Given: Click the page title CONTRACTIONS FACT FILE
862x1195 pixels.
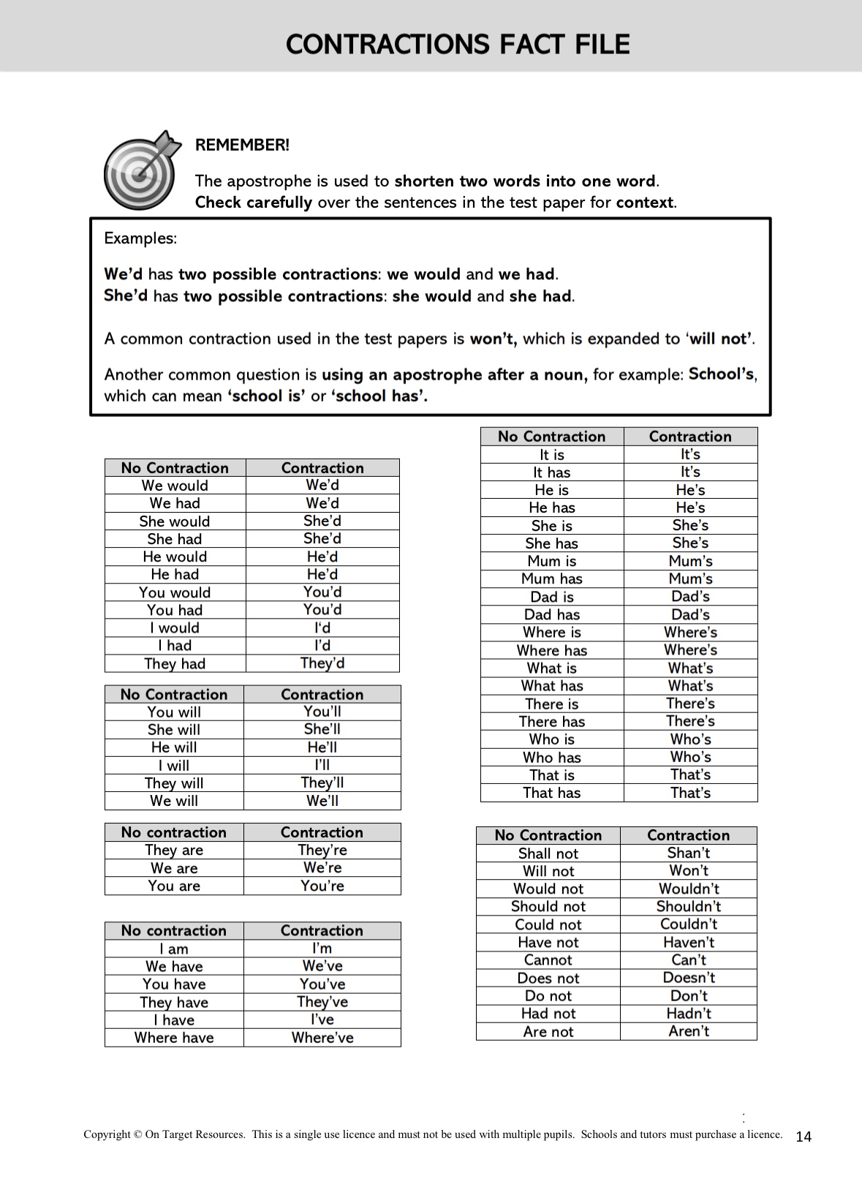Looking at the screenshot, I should pyautogui.click(x=458, y=44).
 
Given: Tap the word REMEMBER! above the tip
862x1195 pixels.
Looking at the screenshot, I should pyautogui.click(x=242, y=145).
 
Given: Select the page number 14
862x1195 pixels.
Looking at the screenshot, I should pyautogui.click(x=803, y=1136).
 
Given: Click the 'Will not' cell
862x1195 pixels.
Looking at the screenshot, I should pyautogui.click(x=548, y=871).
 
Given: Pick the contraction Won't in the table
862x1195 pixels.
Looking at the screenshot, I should pyautogui.click(x=689, y=871).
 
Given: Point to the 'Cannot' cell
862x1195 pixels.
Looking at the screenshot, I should pyautogui.click(x=548, y=960).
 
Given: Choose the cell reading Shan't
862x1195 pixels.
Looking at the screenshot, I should pyautogui.click(x=689, y=853).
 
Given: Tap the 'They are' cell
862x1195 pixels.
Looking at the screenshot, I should pyautogui.click(x=174, y=850).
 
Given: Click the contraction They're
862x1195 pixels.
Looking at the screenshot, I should pyautogui.click(x=322, y=850).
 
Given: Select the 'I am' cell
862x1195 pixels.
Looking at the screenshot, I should pyautogui.click(x=174, y=949).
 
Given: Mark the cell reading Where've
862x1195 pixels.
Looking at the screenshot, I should pyautogui.click(x=322, y=1038).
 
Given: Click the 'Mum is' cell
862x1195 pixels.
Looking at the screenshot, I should pyautogui.click(x=552, y=561).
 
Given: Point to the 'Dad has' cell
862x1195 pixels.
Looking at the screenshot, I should pyautogui.click(x=552, y=615).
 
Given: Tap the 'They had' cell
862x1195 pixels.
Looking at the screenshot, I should pyautogui.click(x=175, y=663).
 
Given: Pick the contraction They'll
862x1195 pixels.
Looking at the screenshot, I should pyautogui.click(x=322, y=783).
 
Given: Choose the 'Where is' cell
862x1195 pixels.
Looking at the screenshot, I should pyautogui.click(x=552, y=633).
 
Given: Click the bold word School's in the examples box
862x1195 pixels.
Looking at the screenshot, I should pyautogui.click(x=721, y=374).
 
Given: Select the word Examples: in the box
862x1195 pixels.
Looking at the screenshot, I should pyautogui.click(x=140, y=238).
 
